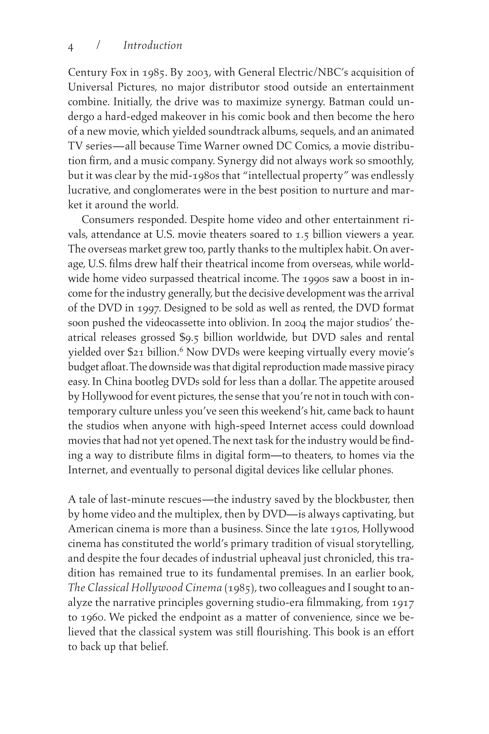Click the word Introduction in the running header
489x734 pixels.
pyautogui.click(x=153, y=46)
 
